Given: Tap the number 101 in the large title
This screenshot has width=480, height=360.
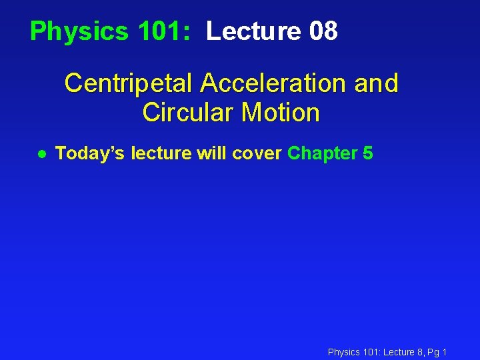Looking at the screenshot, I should tap(157, 31).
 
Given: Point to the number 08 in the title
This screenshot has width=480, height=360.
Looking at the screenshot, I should tap(324, 31).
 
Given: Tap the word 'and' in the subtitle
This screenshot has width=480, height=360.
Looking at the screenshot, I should tap(377, 84).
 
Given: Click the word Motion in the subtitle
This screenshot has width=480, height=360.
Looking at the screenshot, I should tap(281, 113).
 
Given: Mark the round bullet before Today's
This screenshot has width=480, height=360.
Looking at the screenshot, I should tap(41, 154).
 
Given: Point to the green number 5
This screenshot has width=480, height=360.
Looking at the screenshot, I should tap(368, 154).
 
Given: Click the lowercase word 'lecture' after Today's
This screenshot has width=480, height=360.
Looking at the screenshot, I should tap(161, 154).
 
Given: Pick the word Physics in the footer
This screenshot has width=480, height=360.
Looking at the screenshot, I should tap(343, 352).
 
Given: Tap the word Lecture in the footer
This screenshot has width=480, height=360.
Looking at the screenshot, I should tap(398, 352).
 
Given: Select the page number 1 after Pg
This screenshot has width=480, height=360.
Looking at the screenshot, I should tap(445, 352).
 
